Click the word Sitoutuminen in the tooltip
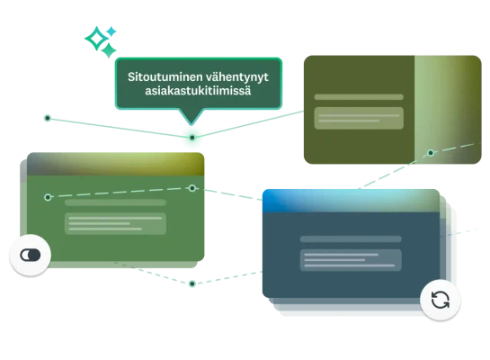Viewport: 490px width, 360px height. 165,76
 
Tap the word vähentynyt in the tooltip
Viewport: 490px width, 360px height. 237,77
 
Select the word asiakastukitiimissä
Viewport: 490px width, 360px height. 198,91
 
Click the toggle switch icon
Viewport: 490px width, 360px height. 31,255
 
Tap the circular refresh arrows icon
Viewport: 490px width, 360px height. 441,300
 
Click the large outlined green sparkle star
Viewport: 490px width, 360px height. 96,39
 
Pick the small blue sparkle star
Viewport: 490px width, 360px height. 111,31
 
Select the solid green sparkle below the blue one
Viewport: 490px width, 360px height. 109,50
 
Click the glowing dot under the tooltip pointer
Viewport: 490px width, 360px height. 192,138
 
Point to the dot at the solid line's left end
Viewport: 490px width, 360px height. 48,118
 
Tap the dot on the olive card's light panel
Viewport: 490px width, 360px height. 431,153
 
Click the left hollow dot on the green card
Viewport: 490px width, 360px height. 48,197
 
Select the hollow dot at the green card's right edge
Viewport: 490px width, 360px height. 192,188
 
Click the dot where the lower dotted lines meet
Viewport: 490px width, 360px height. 192,283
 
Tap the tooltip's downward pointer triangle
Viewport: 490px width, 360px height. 192,116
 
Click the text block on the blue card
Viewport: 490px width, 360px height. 351,260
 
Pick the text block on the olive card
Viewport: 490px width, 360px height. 359,118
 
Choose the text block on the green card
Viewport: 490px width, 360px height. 115,223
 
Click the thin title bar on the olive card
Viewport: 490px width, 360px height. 359,97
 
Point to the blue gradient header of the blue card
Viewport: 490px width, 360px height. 351,201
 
